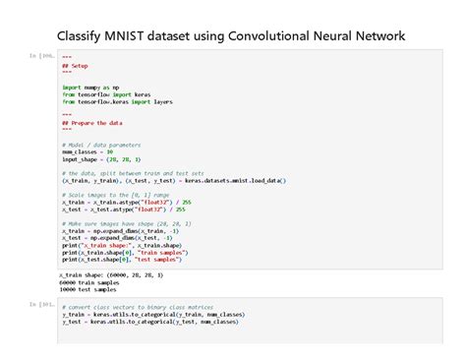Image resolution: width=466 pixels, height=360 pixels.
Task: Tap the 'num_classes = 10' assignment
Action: (x=87, y=152)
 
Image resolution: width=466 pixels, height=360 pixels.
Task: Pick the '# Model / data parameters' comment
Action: (x=101, y=145)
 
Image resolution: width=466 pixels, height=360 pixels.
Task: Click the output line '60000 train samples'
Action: (x=88, y=282)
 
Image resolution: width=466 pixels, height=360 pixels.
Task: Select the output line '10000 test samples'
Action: (x=87, y=289)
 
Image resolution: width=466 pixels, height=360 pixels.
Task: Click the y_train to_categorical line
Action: (x=151, y=314)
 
